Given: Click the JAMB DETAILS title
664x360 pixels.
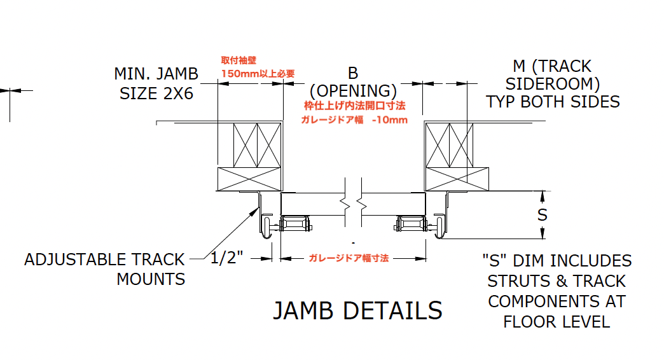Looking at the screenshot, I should [357, 310].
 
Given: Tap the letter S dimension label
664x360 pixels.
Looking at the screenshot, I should [542, 215].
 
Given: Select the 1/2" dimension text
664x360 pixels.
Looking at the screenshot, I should [227, 258].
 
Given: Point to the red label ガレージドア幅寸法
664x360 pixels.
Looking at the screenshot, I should [349, 258].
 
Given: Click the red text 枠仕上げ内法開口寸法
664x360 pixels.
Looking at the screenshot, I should [354, 106].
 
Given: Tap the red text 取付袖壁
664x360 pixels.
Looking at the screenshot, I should [237, 60].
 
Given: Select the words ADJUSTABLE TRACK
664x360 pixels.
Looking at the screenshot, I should [104, 260].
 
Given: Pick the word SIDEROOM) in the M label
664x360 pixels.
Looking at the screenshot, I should [553, 84].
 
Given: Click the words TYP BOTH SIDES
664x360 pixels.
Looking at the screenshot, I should [553, 102].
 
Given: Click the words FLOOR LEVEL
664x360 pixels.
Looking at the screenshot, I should [557, 321].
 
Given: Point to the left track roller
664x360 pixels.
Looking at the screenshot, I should [266, 226].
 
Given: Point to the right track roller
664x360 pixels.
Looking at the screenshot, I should [439, 226].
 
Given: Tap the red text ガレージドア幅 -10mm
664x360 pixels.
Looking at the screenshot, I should [354, 120].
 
